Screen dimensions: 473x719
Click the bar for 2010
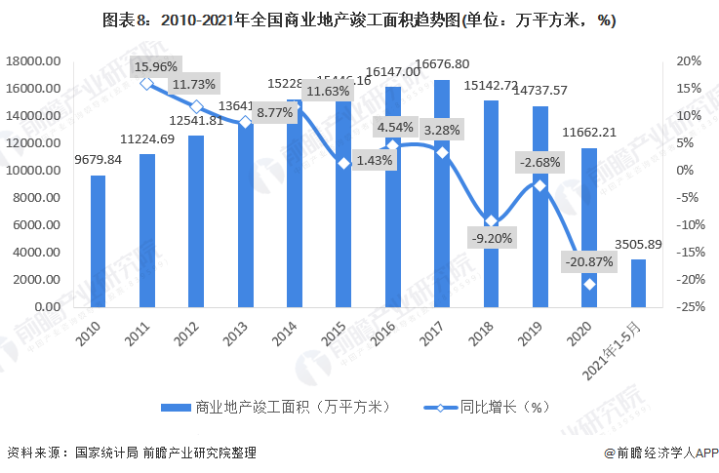tap(98, 240)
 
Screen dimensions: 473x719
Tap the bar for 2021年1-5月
tap(638, 282)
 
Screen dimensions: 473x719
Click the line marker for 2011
tap(146, 84)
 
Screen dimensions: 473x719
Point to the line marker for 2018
tap(491, 221)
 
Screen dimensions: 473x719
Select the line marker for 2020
tap(589, 284)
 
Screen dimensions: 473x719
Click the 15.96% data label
tap(156, 67)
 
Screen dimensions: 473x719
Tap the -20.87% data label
tap(588, 261)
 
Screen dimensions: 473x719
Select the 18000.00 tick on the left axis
tap(33, 61)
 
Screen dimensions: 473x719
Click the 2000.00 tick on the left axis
tap(37, 279)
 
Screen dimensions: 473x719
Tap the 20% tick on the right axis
tap(689, 61)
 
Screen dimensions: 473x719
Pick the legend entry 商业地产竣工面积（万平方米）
tap(272, 407)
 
